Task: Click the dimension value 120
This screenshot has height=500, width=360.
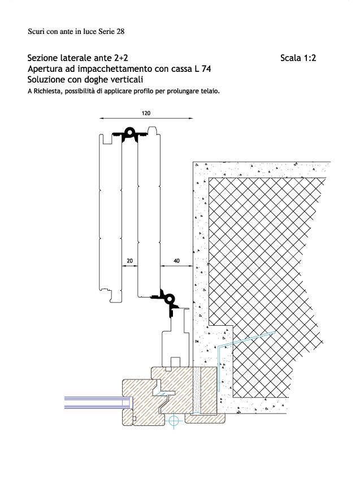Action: tap(146, 113)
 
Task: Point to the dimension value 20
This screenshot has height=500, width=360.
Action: tap(129, 261)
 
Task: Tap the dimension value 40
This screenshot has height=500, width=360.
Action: tap(176, 261)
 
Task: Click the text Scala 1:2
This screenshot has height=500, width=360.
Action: tap(298, 58)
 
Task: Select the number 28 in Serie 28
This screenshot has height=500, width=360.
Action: tap(120, 31)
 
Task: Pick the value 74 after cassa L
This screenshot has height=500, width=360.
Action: tap(206, 68)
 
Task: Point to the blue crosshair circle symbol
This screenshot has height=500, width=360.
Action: tap(174, 421)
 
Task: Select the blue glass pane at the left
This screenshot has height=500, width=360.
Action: tap(98, 402)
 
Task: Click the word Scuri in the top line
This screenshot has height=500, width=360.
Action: tap(34, 31)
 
